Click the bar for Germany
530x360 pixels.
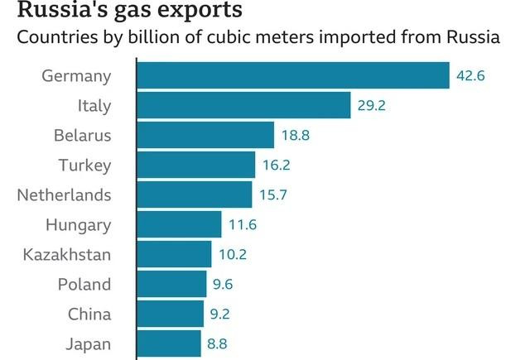pyautogui.click(x=292, y=76)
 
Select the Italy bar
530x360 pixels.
pyautogui.click(x=243, y=106)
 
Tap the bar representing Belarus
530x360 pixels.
pyautogui.click(x=205, y=135)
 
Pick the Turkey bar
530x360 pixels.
pyautogui.click(x=195, y=165)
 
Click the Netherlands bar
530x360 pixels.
pyautogui.click(x=194, y=194)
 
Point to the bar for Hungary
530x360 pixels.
pyautogui.click(x=179, y=224)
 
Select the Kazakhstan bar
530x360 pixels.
pyautogui.click(x=174, y=254)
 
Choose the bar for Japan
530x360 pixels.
pyautogui.click(x=168, y=343)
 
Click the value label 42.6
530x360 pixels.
pyautogui.click(x=470, y=76)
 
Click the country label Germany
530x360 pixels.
pyautogui.click(x=76, y=76)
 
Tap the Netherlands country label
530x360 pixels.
pyautogui.click(x=64, y=194)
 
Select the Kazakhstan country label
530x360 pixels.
pyautogui.click(x=67, y=254)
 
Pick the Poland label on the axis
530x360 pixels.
pyautogui.click(x=84, y=284)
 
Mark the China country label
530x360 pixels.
pyautogui.click(x=89, y=314)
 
